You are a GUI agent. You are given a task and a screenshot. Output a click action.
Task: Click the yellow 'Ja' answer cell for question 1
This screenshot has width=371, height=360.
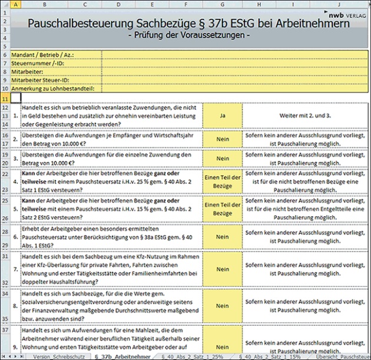tap(222, 117)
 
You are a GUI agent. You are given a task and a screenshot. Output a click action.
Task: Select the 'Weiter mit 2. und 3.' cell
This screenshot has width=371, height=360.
tap(304, 117)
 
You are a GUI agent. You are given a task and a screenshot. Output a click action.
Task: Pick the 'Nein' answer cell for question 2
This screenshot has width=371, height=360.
tap(222, 141)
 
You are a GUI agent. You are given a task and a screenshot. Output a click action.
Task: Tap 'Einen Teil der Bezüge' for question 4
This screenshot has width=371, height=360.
tap(222, 183)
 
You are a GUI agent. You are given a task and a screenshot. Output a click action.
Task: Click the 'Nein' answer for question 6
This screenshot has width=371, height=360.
tap(222, 236)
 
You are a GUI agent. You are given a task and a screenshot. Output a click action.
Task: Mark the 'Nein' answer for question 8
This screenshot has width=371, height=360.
tap(222, 306)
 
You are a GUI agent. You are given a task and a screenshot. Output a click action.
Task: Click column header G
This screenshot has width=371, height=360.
tap(222, 4)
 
